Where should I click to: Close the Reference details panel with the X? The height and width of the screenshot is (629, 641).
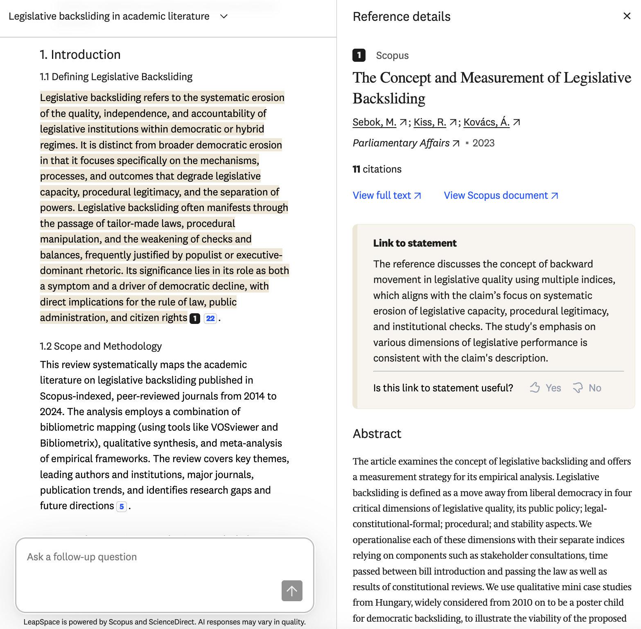tap(627, 16)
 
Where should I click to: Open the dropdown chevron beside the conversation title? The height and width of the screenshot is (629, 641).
tap(223, 16)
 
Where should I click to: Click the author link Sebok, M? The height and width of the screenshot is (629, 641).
tap(374, 122)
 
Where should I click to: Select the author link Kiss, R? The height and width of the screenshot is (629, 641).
tap(430, 122)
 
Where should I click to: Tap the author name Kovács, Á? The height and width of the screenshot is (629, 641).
tap(486, 122)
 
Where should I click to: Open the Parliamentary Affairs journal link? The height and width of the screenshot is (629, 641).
tap(401, 143)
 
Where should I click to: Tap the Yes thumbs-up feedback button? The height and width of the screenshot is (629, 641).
tap(545, 388)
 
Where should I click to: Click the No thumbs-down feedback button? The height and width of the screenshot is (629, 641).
tap(587, 388)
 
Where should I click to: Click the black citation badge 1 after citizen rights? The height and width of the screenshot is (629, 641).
tap(195, 318)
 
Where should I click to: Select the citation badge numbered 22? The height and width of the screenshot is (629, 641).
tap(210, 318)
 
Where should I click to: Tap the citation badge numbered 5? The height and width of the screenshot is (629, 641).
tap(122, 507)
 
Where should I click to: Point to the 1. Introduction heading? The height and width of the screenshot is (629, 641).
tap(80, 55)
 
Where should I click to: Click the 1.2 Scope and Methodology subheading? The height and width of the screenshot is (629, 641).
tap(101, 346)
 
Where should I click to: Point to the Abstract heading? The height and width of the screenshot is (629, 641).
tap(377, 434)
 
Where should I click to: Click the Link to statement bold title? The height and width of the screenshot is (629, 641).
tap(415, 243)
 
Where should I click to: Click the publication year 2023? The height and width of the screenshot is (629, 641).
tap(483, 143)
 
